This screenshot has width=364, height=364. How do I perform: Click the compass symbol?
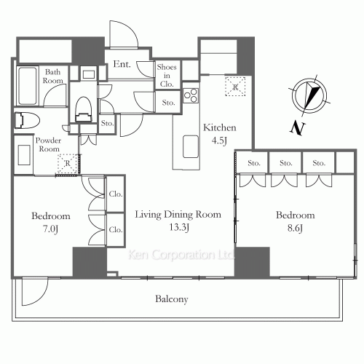[x=309, y=95]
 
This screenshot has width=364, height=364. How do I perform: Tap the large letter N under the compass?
[x=297, y=127]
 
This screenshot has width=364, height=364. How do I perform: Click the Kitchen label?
[x=220, y=127]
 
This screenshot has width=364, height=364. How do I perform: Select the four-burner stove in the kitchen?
[x=191, y=95]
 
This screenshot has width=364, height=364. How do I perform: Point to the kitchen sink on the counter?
[x=191, y=147]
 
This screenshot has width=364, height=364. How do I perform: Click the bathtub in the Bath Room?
[x=28, y=86]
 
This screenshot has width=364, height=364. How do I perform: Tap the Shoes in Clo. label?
[x=167, y=76]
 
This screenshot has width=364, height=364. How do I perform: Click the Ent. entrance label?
[x=122, y=64]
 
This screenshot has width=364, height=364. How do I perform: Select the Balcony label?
[x=172, y=299]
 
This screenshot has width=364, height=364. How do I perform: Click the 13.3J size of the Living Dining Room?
[x=179, y=227]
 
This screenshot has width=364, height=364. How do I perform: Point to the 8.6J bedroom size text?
[x=295, y=228]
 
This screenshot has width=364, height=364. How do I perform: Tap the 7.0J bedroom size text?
[x=50, y=229]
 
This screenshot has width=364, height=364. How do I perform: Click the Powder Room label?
[x=49, y=145]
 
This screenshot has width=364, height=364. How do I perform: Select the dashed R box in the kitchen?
[x=235, y=87]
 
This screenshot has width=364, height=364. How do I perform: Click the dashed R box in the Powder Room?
[x=68, y=164]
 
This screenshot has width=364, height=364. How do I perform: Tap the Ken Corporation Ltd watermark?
[x=181, y=255]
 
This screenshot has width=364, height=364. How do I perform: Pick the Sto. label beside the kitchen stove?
[x=168, y=103]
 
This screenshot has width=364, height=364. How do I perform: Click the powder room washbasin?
[x=24, y=155]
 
